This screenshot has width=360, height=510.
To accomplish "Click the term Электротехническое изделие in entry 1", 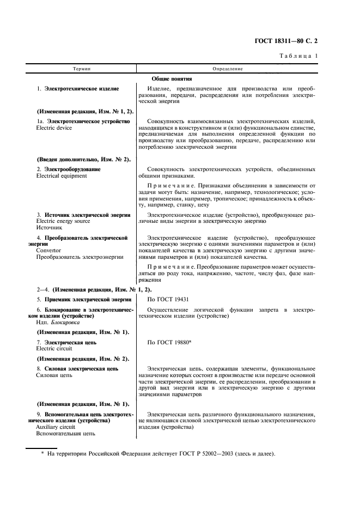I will coord(82,88).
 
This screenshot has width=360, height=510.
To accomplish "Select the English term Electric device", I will coord(54,128).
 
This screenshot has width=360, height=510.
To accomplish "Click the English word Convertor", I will coord(48,251).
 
